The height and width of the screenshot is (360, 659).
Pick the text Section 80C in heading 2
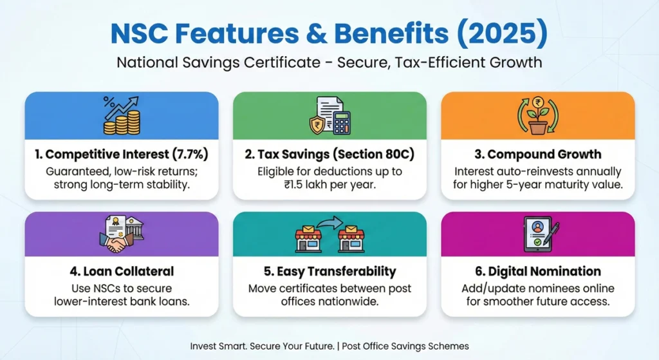tap(365, 155)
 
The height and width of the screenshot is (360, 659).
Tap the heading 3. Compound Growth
tap(537, 155)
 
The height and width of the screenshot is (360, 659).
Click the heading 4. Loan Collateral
tap(120, 272)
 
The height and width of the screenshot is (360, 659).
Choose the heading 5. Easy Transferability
tap(329, 272)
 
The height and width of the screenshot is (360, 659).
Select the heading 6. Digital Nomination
tap(537, 272)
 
